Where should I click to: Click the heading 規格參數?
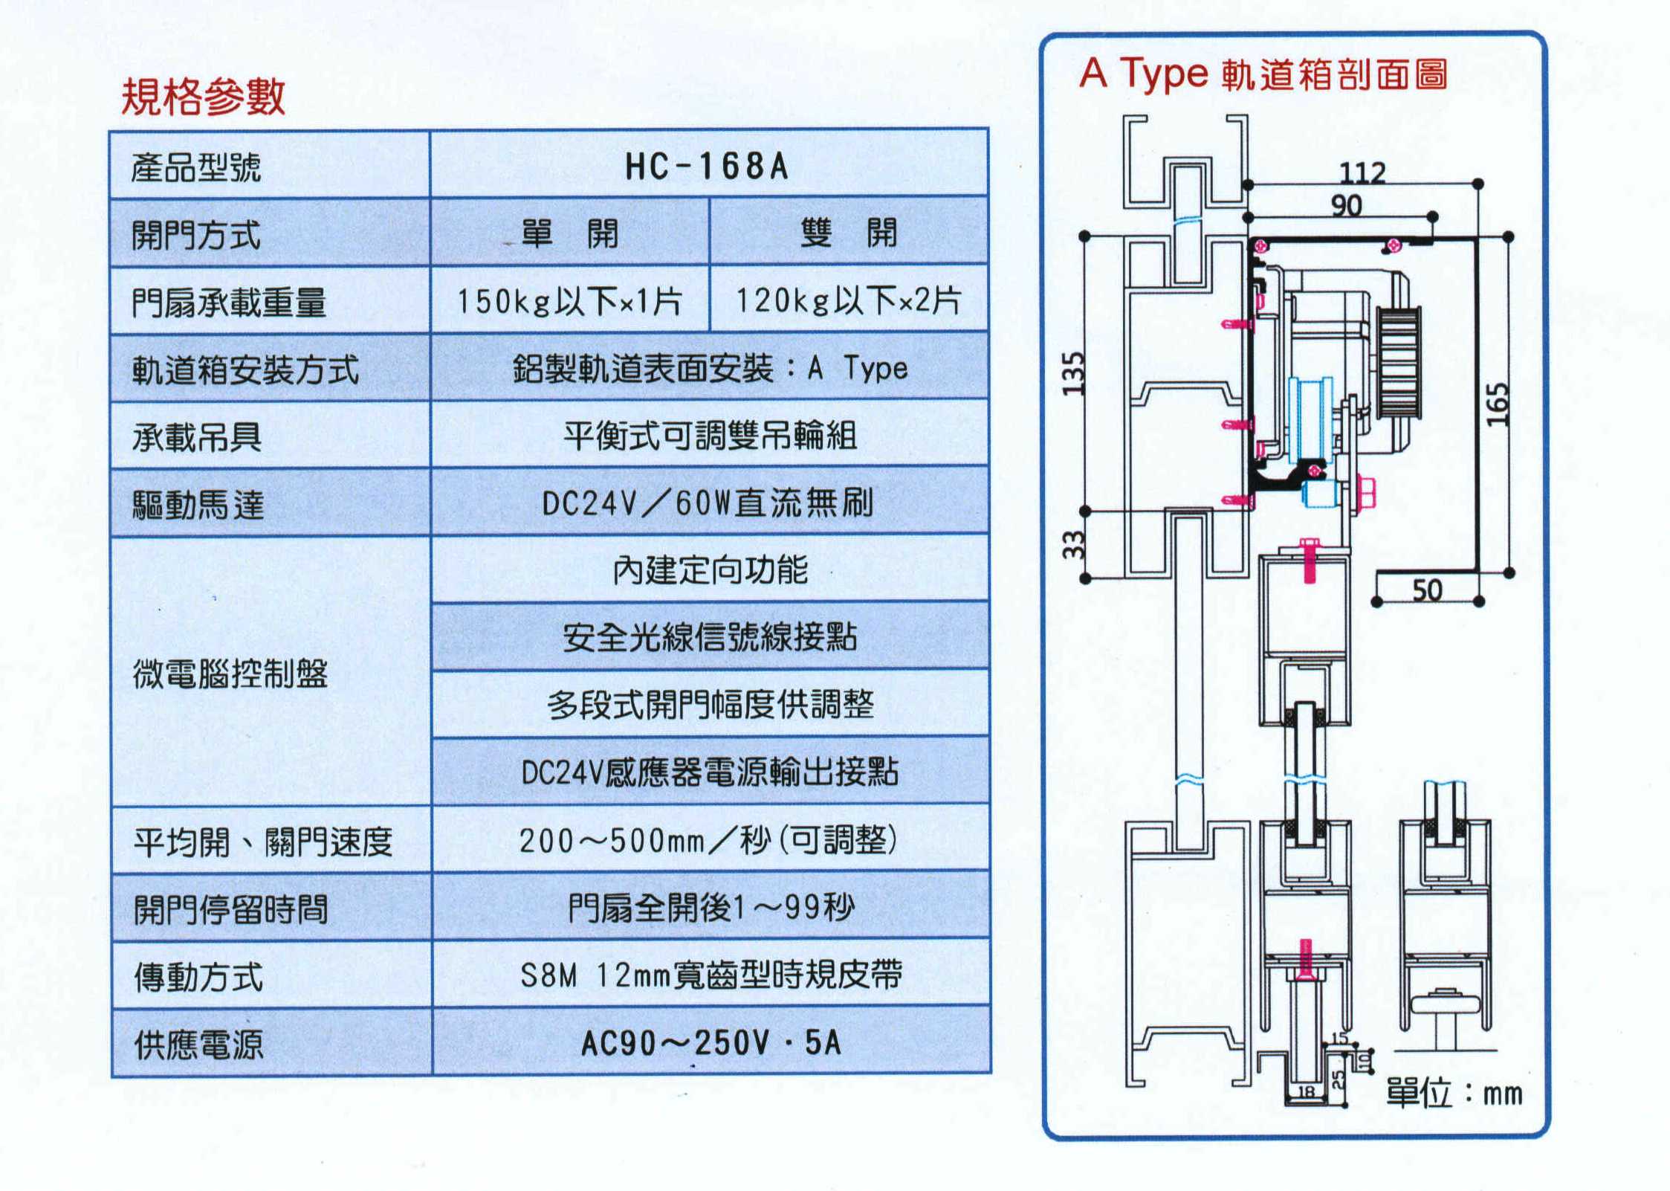(x=203, y=97)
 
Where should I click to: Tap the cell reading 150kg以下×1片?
(x=569, y=301)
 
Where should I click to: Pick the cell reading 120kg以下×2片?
(x=848, y=300)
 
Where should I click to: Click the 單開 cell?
(x=569, y=233)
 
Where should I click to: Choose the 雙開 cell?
(x=848, y=233)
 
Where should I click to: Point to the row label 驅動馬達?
(x=198, y=505)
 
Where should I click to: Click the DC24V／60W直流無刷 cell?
(x=708, y=503)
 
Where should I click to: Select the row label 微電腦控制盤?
(x=230, y=674)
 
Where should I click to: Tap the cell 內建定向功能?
(x=710, y=570)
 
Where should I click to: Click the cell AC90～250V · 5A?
(x=711, y=1043)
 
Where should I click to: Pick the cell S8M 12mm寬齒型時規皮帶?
(x=711, y=975)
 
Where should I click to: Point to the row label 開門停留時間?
(x=230, y=908)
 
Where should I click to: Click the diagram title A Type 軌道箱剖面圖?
(x=1263, y=74)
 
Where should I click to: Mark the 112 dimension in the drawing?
(x=1362, y=173)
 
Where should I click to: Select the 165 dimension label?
(x=1498, y=404)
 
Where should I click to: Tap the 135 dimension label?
(x=1073, y=373)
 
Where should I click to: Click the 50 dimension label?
(x=1426, y=590)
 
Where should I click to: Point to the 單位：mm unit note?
(x=1454, y=1094)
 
